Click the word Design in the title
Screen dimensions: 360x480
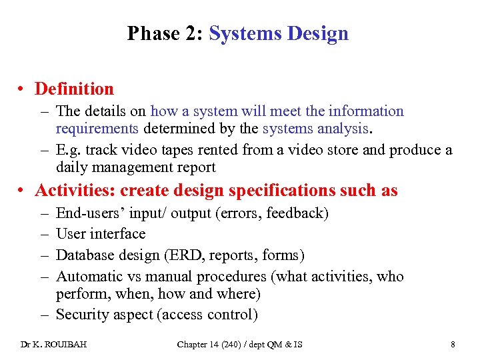(318, 33)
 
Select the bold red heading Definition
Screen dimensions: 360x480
(74, 89)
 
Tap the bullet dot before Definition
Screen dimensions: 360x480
(23, 89)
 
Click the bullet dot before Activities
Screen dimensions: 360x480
(23, 191)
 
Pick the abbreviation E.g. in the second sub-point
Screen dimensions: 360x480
(68, 149)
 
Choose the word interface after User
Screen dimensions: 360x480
(120, 234)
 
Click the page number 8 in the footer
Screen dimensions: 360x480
(453, 344)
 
